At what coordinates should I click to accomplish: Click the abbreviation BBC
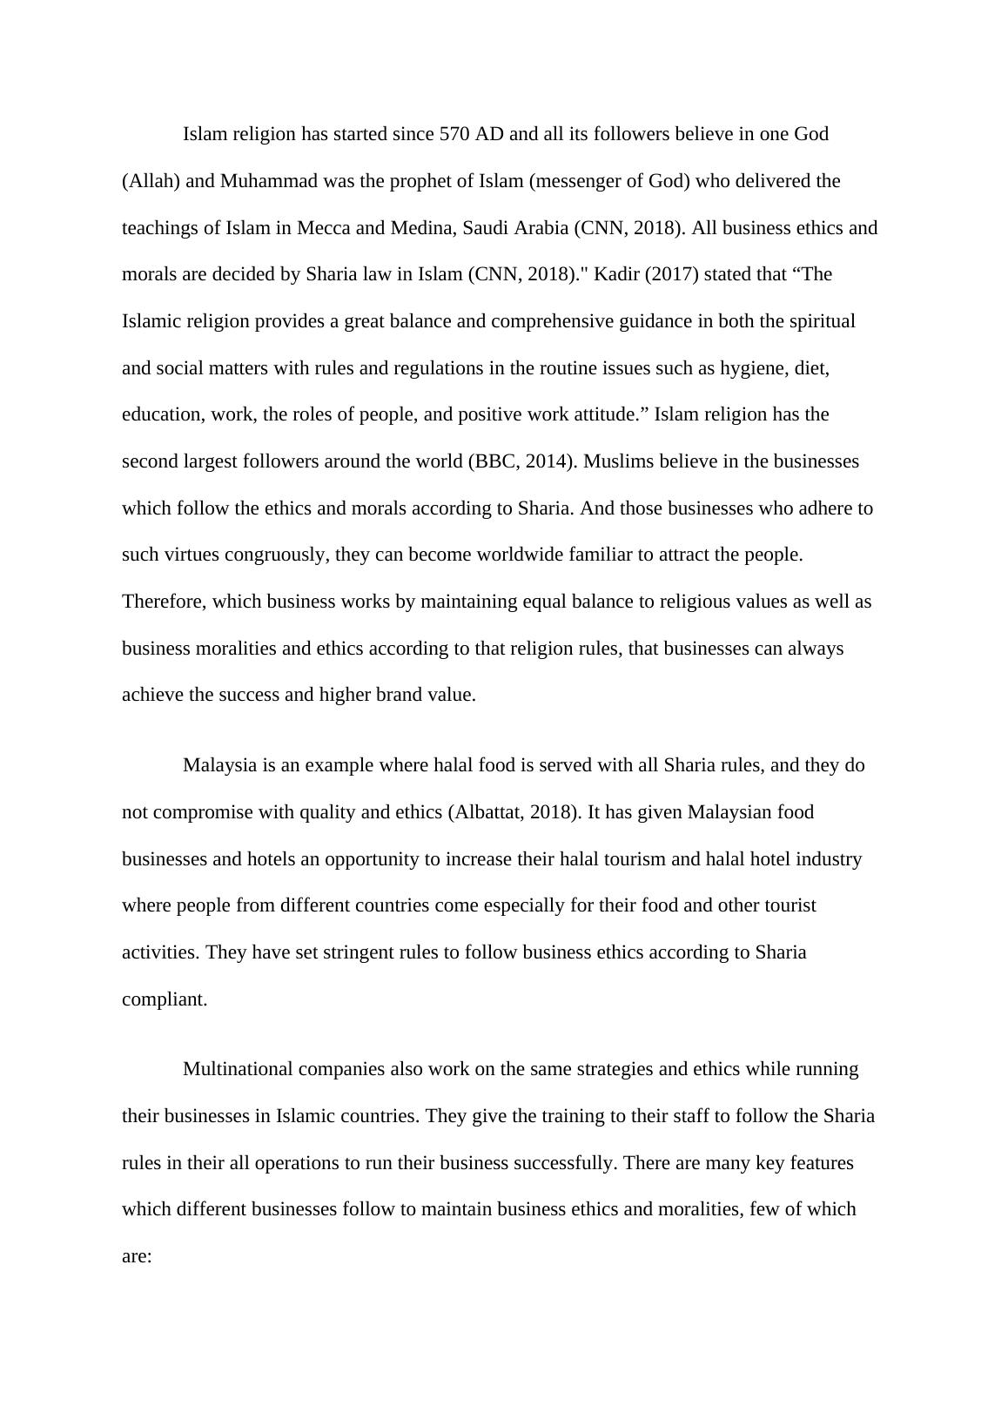point(494,461)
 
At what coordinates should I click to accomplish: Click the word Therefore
point(163,602)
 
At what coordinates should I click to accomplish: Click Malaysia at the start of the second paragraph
point(219,765)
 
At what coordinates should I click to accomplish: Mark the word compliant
point(164,999)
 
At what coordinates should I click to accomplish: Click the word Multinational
point(240,1069)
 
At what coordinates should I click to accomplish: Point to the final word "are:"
point(137,1256)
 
